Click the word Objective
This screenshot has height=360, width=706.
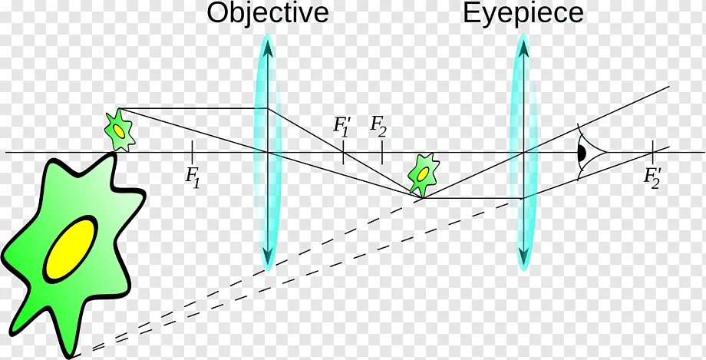[268, 13]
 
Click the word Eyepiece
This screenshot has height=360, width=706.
[523, 13]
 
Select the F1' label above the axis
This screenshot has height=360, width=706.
[342, 126]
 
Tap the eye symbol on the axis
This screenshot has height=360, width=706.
[583, 152]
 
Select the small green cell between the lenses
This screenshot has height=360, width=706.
[422, 173]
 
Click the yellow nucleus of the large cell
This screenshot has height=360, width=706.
[70, 248]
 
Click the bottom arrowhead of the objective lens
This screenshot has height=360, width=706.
[268, 257]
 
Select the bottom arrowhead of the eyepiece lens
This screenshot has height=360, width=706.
[523, 257]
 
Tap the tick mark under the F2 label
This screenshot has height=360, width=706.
[381, 152]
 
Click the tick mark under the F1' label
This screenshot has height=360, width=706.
[342, 152]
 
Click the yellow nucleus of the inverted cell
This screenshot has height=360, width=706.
[422, 173]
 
